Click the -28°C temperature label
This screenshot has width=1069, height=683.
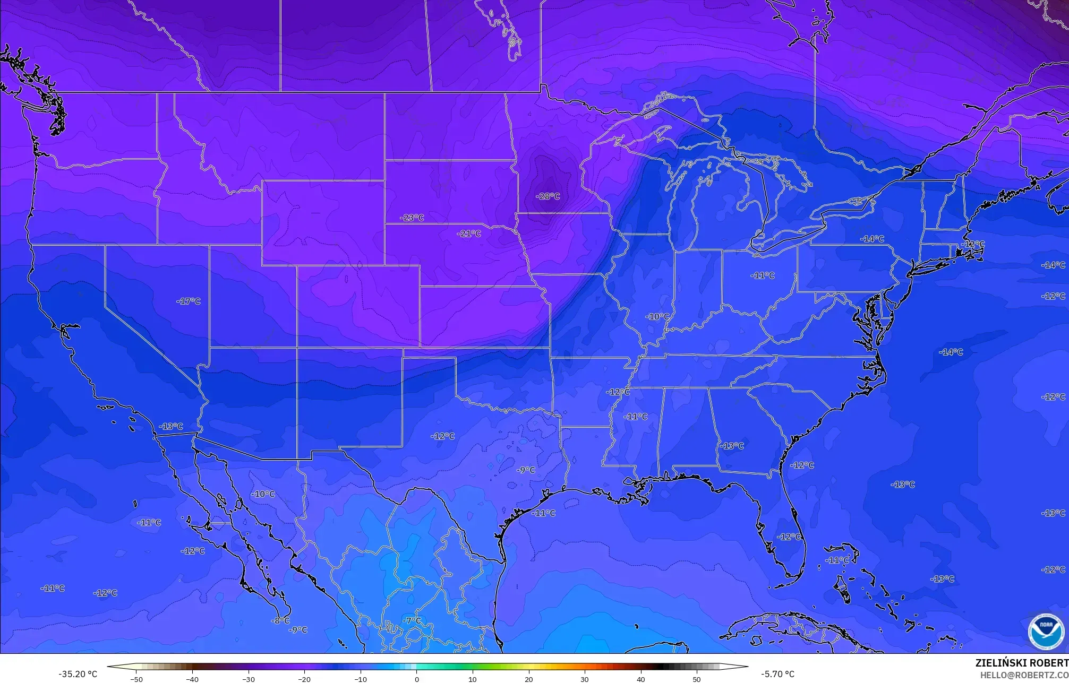click(x=549, y=196)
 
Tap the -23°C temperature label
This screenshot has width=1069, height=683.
click(x=413, y=218)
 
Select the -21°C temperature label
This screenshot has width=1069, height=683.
click(x=469, y=234)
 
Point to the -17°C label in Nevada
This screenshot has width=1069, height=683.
click(x=189, y=301)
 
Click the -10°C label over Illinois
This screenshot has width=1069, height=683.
click(x=657, y=317)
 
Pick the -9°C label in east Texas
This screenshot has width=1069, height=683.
click(x=526, y=470)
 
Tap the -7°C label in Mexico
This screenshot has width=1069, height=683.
click(x=412, y=620)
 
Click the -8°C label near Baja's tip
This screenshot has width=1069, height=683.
click(x=280, y=620)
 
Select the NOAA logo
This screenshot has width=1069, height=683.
click(x=1046, y=631)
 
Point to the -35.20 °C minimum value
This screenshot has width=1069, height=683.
click(x=78, y=675)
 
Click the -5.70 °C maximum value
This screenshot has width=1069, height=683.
click(x=777, y=675)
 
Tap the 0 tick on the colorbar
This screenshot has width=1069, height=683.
click(x=417, y=679)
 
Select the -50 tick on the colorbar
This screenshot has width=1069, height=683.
click(x=136, y=679)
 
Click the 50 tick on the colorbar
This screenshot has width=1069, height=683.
click(x=696, y=679)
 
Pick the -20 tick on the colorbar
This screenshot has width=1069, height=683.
click(x=304, y=679)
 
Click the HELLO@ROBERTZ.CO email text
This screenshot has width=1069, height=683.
click(x=1024, y=675)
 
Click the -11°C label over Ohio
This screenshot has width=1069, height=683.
click(x=763, y=275)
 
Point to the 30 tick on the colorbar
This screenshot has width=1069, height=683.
click(x=585, y=679)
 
